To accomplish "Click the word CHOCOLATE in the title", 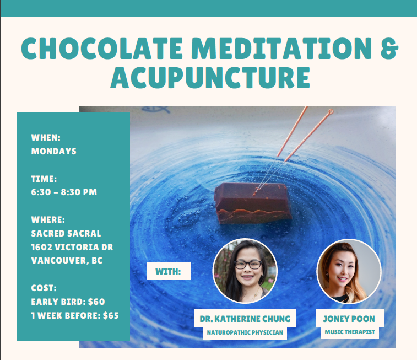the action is coord(102,48).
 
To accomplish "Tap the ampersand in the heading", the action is coord(389,48).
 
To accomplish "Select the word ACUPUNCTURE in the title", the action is coord(210,77).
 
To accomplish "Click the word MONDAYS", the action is coord(54,151).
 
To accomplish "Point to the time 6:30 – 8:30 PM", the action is coord(64,192).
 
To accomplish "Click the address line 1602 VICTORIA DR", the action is coord(72,247).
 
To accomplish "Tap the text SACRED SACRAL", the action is coord(66,233).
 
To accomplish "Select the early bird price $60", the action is coord(96,302).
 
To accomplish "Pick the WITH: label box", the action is coord(169,271).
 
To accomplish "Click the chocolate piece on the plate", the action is coord(253,203).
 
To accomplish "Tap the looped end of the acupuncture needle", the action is coord(331,111).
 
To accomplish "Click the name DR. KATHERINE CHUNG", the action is coord(245,319).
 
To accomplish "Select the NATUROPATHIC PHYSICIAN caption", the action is coord(245,332).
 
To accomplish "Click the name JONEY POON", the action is coord(349,319).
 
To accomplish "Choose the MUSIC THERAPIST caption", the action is coord(350,332).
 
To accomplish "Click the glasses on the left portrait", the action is coord(248,265).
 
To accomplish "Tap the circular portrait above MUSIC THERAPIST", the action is coord(349,271).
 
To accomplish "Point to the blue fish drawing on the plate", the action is coord(155,109).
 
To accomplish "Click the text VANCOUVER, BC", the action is coord(67,260).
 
